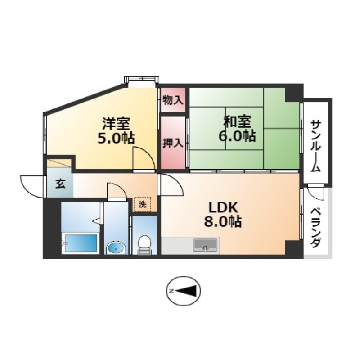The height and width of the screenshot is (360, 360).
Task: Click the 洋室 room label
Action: [116, 124]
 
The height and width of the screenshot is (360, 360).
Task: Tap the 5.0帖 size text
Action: [116, 138]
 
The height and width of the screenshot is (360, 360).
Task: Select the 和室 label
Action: [238, 121]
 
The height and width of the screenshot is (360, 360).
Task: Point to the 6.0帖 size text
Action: [237, 136]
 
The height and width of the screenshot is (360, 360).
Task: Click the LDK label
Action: [223, 208]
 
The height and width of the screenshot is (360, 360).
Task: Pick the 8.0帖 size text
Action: [223, 221]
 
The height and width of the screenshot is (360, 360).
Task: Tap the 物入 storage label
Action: [173, 100]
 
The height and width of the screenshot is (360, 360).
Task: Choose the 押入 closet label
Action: [173, 143]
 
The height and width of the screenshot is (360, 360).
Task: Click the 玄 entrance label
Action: [60, 184]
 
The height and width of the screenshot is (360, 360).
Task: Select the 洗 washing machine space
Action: [143, 204]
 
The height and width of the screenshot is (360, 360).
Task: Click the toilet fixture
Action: [144, 245]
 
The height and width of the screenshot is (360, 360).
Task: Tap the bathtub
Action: [81, 243]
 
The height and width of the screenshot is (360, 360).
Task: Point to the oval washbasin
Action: [117, 248]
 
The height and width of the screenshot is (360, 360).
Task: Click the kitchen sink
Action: [205, 245]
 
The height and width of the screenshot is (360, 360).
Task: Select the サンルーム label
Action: [316, 146]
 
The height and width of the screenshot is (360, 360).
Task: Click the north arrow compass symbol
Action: [183, 291]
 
